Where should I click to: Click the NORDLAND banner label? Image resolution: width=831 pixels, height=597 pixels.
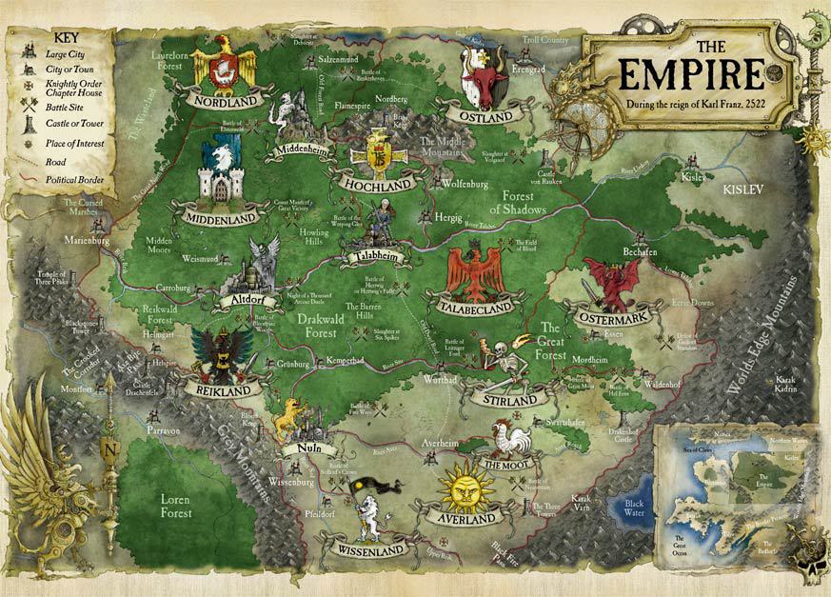[x=225, y=99]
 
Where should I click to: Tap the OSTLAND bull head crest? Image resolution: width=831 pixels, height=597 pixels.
[x=481, y=74]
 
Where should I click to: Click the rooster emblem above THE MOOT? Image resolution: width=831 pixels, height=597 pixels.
[x=513, y=440]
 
